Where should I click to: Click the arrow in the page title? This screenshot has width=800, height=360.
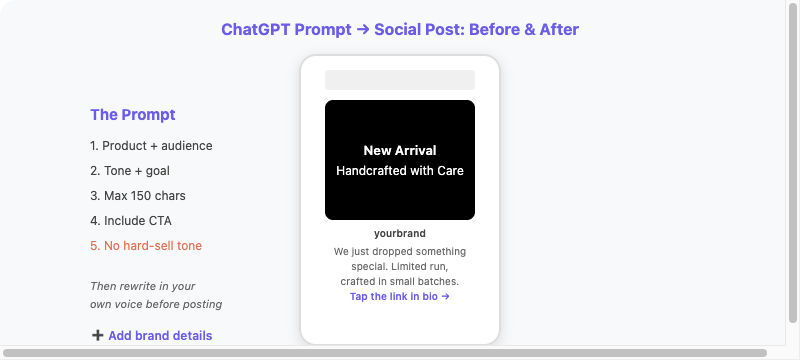pyautogui.click(x=363, y=30)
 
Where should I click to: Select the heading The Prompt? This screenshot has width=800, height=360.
pyautogui.click(x=133, y=115)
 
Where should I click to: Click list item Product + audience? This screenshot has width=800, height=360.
pyautogui.click(x=151, y=146)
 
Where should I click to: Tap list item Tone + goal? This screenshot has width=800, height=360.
pyautogui.click(x=130, y=171)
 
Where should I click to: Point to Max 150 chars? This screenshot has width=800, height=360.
pyautogui.click(x=138, y=196)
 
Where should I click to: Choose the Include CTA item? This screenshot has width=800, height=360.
pyautogui.click(x=131, y=221)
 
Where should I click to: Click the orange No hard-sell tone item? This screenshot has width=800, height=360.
pyautogui.click(x=146, y=246)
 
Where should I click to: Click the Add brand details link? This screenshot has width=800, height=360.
pyautogui.click(x=160, y=336)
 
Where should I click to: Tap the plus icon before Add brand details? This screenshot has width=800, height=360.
pyautogui.click(x=97, y=335)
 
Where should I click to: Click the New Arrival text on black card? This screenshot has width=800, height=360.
pyautogui.click(x=400, y=150)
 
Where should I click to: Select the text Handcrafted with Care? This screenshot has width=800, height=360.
pyautogui.click(x=400, y=171)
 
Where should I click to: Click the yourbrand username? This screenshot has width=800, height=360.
pyautogui.click(x=400, y=234)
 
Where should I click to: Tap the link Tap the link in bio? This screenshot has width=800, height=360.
pyautogui.click(x=400, y=296)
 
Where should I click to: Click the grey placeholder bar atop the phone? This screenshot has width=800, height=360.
pyautogui.click(x=400, y=80)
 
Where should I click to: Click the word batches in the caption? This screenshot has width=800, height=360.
pyautogui.click(x=440, y=281)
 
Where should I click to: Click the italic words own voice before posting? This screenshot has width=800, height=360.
pyautogui.click(x=156, y=304)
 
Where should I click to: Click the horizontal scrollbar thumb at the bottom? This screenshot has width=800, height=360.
pyautogui.click(x=385, y=353)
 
